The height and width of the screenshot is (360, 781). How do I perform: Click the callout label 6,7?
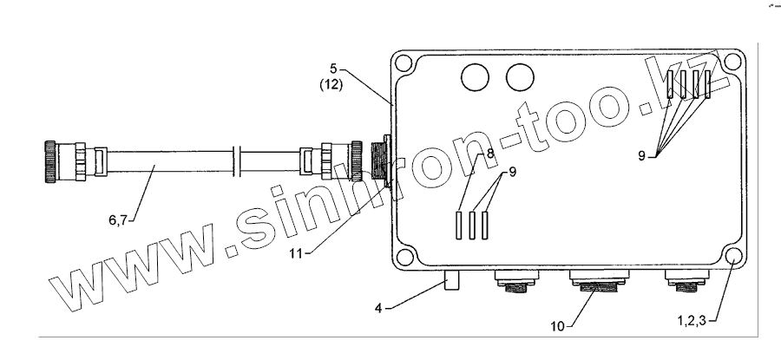coord(118,219)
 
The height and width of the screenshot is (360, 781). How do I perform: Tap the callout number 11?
coord(297,252)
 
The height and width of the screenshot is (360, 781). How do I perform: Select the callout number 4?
coord(378,308)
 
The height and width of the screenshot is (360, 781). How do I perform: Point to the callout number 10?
coord(557,327)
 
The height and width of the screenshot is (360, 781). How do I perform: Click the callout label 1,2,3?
coord(692,321)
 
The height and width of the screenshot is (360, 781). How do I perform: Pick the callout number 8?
coord(490,154)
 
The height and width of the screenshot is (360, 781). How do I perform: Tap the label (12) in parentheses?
coord(331,85)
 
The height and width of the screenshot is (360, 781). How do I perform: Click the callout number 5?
coord(333,69)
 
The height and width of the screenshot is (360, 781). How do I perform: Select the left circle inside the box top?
coord(476,78)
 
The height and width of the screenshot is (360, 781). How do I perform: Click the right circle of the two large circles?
coord(520,78)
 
